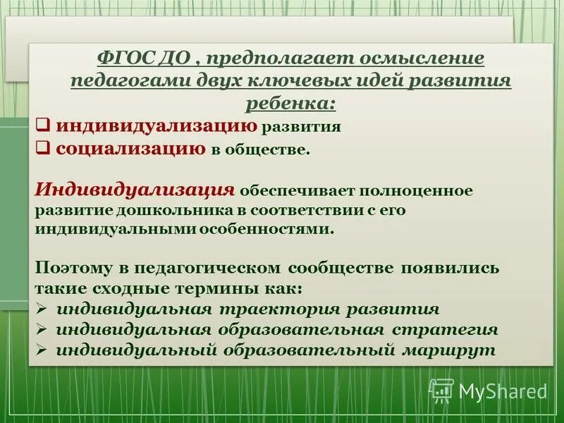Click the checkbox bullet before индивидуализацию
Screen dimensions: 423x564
[x=42, y=126]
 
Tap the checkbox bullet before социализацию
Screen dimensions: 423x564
[x=42, y=149]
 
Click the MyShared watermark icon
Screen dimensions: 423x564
[x=441, y=390]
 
